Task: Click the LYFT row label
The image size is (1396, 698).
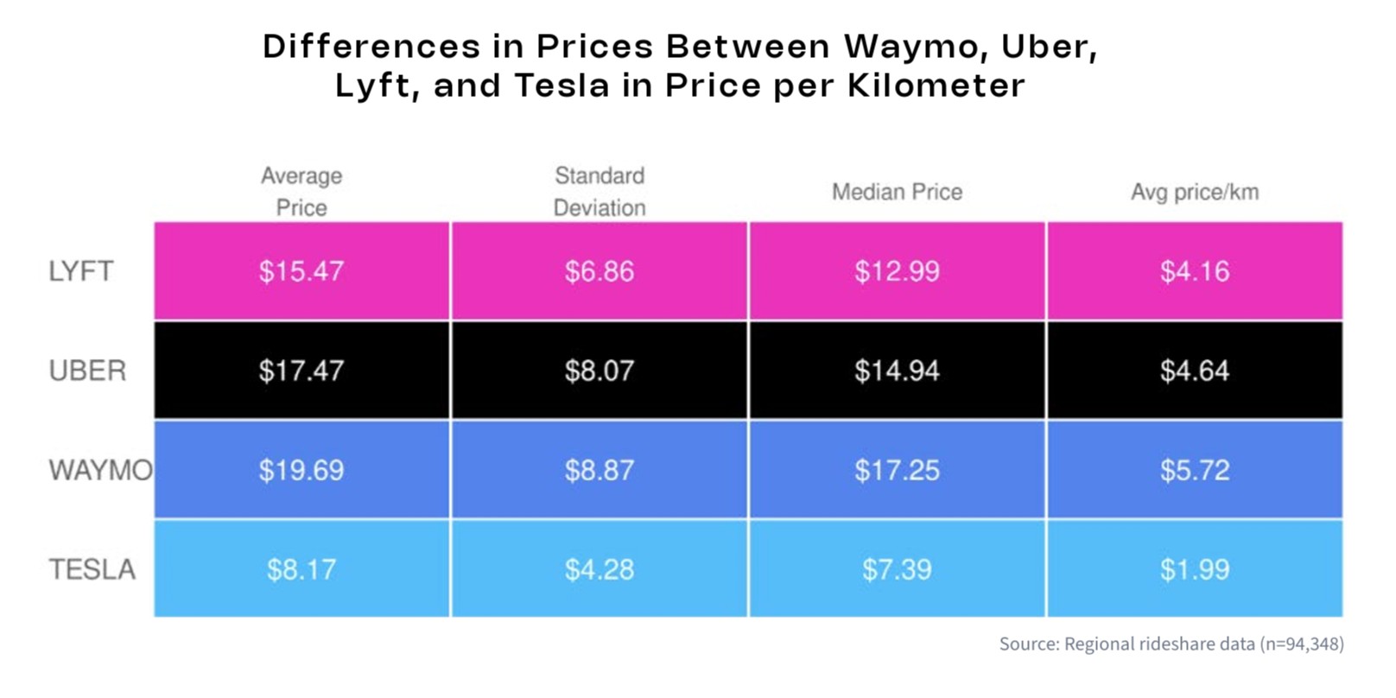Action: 80,271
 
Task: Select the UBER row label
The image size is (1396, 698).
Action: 87,371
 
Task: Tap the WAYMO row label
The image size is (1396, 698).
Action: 100,470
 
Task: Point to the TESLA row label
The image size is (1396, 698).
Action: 92,569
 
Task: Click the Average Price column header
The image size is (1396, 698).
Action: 301,192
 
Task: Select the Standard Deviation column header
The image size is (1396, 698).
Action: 600,192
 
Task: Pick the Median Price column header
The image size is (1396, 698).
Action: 897,192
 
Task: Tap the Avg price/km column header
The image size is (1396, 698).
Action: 1195,192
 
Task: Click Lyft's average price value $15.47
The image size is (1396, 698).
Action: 301,271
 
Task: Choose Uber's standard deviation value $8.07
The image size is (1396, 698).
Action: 600,371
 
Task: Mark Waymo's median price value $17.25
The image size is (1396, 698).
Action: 897,470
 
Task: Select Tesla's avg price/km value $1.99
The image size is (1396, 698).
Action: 1195,569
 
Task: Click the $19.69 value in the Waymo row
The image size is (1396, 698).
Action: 301,470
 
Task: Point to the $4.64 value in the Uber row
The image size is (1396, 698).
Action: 1195,371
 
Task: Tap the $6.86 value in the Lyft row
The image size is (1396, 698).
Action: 600,271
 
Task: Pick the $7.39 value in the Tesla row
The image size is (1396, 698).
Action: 897,569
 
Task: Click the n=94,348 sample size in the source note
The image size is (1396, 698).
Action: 1301,644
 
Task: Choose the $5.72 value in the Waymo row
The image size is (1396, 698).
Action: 1195,470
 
